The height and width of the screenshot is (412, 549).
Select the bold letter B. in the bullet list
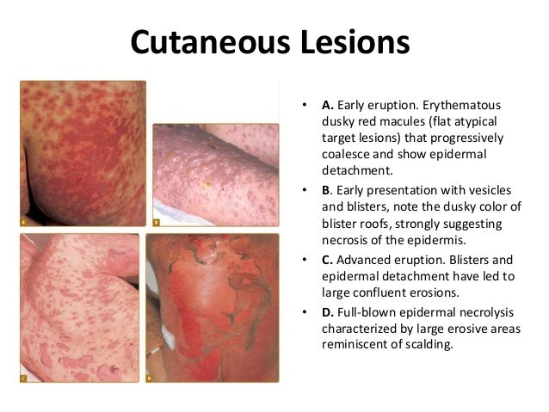coord(328,188)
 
